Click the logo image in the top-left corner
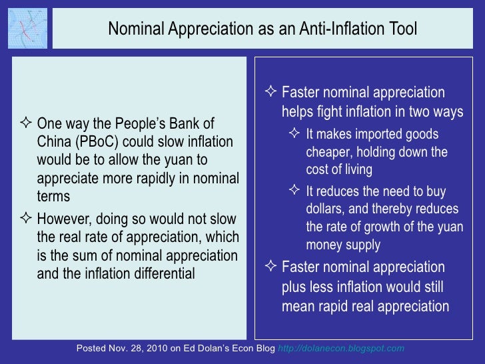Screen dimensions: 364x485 (x=27, y=29)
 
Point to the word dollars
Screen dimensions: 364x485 (x=328, y=210)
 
